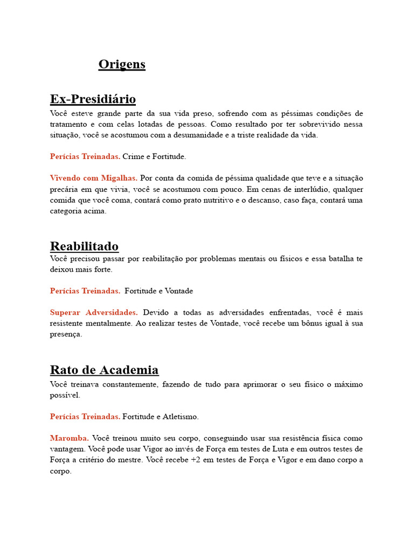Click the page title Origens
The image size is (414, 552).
tap(122, 64)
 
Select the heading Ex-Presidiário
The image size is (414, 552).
tap(93, 99)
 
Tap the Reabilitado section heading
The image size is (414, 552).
tap(84, 246)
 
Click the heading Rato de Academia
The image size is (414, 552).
tap(104, 370)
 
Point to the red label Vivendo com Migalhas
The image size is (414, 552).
tap(93, 178)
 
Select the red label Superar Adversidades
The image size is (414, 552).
tap(93, 313)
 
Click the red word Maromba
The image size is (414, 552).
tap(70, 438)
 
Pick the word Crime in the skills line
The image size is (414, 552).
tap(133, 157)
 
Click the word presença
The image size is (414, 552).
tap(66, 334)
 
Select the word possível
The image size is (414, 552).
tap(65, 395)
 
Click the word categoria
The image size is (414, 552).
tap(68, 211)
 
